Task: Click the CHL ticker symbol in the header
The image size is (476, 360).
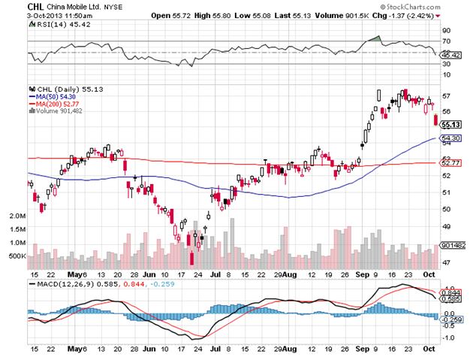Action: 13,6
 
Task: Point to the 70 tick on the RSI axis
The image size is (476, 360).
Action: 446,42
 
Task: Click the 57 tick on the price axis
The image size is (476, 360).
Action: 446,96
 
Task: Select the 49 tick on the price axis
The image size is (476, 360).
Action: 446,226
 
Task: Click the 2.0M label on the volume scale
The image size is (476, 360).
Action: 18,216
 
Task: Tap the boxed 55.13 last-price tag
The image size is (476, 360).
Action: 451,125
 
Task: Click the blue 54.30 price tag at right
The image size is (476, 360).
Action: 451,139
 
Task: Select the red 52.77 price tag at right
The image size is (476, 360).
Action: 451,162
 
